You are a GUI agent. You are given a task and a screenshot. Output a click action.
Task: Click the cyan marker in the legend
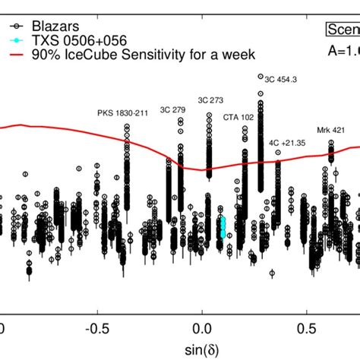click(13, 39)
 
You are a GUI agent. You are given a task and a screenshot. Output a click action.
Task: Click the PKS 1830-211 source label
click(123, 113)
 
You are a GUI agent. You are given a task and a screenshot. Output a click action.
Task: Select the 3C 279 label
click(172, 109)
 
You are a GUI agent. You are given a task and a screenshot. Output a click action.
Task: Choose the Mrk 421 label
click(331, 130)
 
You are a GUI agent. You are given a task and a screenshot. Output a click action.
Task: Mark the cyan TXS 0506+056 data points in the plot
click(223, 226)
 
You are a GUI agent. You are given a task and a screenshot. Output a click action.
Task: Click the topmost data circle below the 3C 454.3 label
click(261, 77)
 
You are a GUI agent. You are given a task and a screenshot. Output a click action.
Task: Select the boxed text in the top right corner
click(343, 29)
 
